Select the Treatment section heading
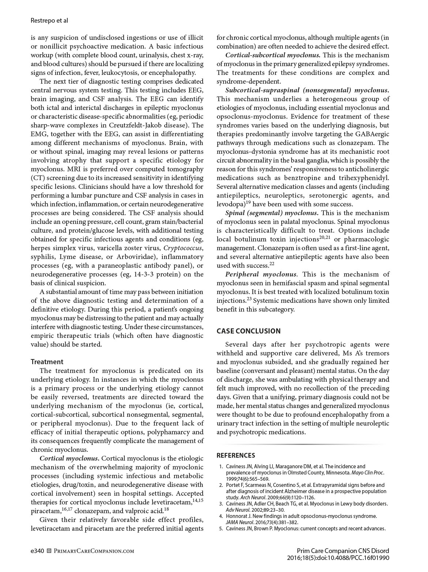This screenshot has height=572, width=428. (47, 362)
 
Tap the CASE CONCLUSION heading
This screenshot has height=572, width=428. (248, 331)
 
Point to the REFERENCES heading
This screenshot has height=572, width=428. (236, 455)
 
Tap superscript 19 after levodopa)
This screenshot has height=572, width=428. (248, 202)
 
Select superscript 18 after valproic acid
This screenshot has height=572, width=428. (166, 509)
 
